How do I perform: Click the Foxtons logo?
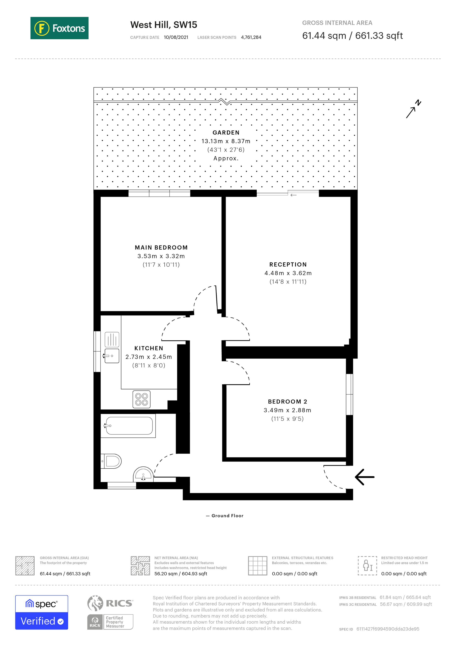59,28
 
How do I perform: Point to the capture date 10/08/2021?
176,37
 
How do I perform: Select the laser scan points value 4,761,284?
251,37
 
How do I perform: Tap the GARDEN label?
226,133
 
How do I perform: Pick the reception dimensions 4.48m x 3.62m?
288,273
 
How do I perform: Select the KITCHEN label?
149,348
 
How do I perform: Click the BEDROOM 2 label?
287,402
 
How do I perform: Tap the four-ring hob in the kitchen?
142,399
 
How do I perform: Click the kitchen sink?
112,356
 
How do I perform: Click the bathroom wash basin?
143,475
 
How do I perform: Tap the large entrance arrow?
364,477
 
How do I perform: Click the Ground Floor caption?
227,516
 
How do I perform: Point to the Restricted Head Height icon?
367,566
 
